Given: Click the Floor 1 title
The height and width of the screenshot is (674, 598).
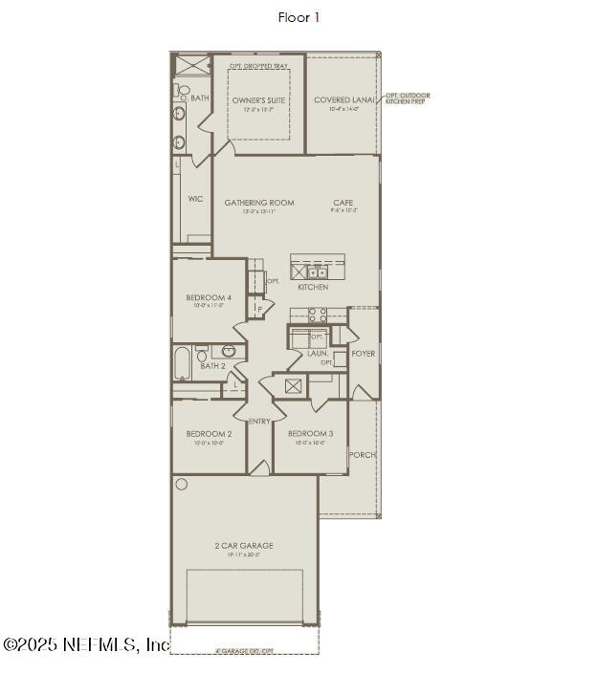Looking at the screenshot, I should pos(299,17).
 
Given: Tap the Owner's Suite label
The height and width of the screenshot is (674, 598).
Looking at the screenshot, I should pos(258,99).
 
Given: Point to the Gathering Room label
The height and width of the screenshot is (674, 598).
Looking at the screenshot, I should pos(258,203).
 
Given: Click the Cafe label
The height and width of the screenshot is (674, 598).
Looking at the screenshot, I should pos(343,203).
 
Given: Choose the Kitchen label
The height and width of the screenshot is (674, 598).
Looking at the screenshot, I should pos(313,287).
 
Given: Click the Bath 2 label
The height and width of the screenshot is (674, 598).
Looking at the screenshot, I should pos(212,366).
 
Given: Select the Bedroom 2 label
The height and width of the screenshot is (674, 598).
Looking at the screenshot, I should pos(210,434).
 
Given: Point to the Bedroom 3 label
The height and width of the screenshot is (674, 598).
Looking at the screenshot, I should pos(311,434).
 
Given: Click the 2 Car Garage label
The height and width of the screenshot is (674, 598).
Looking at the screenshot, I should pos(243,546).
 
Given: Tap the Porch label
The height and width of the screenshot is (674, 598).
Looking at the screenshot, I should pos(363,455).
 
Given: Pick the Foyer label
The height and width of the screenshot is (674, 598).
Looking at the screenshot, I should pos(363,354).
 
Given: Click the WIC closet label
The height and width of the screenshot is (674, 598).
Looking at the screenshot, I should pos(195,199).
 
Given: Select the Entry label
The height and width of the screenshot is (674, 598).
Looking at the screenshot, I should pos(259,422).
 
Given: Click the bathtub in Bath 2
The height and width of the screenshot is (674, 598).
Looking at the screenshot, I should pos(183,363).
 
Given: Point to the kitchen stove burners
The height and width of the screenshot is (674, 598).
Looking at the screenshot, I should pos(319,314).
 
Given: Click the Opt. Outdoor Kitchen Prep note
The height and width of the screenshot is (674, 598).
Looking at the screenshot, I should pos(409,98).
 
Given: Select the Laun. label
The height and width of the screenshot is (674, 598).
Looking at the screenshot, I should pos(318,354).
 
